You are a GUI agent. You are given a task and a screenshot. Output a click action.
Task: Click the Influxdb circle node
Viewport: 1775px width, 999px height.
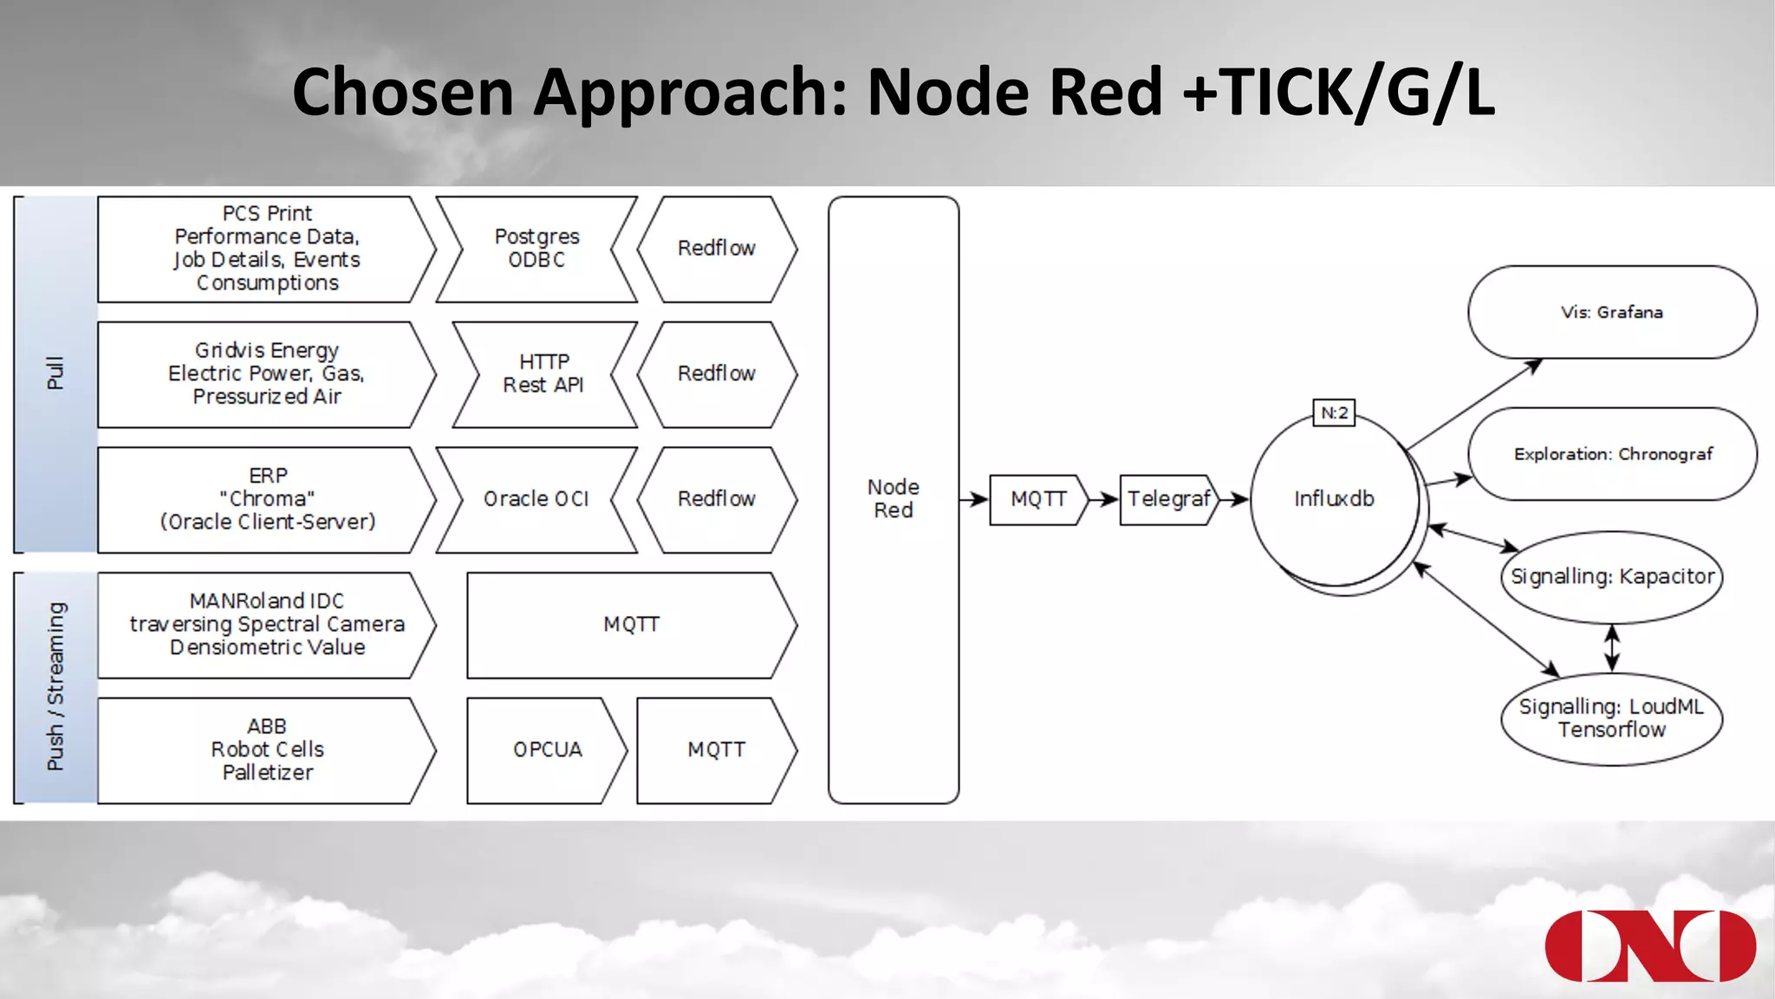pyautogui.click(x=1334, y=499)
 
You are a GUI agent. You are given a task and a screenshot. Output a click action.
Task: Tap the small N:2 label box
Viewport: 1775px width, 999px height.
pyautogui.click(x=1334, y=412)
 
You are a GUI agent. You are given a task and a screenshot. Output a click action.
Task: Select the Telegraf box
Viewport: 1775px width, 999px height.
pyautogui.click(x=1167, y=499)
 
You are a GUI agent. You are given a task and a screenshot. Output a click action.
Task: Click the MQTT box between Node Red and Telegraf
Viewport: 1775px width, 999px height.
pyautogui.click(x=1037, y=499)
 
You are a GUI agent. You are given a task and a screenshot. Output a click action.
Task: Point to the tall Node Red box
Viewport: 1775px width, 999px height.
pyautogui.click(x=893, y=499)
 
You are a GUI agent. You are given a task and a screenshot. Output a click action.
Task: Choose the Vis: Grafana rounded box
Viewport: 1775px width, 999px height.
pyautogui.click(x=1611, y=312)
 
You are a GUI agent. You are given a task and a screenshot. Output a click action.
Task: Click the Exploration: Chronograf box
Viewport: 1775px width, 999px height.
pyautogui.click(x=1611, y=454)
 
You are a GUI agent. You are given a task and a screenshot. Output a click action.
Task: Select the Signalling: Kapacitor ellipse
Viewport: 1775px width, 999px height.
pyautogui.click(x=1611, y=577)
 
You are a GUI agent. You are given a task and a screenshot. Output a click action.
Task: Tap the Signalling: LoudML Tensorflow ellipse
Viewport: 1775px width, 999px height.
pyautogui.click(x=1611, y=718)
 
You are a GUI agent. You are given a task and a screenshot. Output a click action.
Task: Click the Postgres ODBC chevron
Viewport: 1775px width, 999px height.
pyautogui.click(x=536, y=249)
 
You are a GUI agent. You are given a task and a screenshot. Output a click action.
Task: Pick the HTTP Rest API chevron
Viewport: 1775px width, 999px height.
pyautogui.click(x=543, y=374)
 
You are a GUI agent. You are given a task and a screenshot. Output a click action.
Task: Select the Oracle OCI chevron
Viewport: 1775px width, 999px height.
pyautogui.click(x=536, y=499)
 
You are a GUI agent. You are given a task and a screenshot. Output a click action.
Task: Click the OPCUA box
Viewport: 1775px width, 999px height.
pyautogui.click(x=546, y=749)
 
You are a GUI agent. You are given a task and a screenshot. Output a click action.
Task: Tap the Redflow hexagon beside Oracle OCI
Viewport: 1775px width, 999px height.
pyautogui.click(x=716, y=499)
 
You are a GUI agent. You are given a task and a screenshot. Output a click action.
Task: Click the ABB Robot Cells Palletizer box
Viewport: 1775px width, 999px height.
pyautogui.click(x=266, y=749)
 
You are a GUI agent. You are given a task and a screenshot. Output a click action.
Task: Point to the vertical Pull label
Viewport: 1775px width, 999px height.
pyautogui.click(x=55, y=373)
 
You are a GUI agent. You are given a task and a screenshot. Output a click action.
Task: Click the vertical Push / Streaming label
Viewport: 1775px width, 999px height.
pyautogui.click(x=55, y=686)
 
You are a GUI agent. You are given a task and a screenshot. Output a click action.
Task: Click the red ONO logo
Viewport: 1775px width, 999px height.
pyautogui.click(x=1649, y=945)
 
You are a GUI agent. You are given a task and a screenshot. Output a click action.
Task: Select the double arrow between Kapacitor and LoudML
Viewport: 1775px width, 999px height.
pyautogui.click(x=1611, y=647)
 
